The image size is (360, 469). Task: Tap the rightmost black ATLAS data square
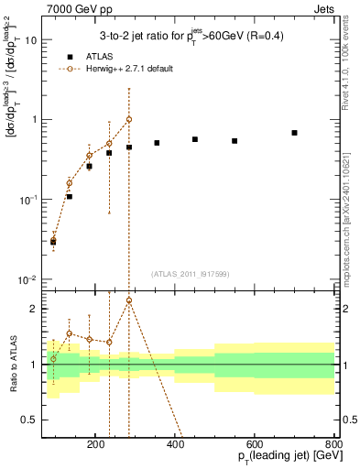click(x=294, y=133)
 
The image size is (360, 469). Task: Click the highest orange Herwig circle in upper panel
click(x=129, y=119)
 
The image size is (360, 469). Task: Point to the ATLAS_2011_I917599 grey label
click(x=191, y=273)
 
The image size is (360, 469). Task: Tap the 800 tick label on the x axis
click(x=333, y=442)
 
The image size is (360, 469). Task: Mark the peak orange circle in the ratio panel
click(x=129, y=300)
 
